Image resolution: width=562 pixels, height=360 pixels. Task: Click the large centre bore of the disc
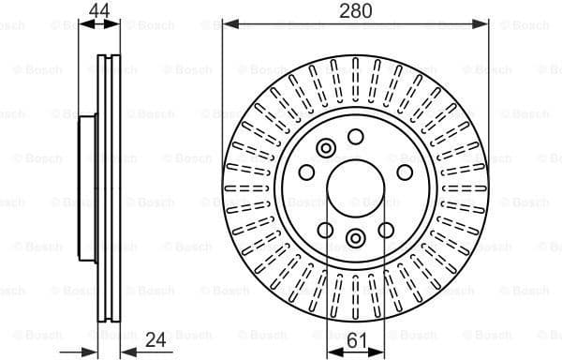click(x=355, y=188)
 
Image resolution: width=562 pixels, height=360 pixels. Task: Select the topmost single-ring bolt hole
click(x=355, y=137)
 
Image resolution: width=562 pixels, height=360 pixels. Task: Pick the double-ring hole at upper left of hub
click(x=326, y=148)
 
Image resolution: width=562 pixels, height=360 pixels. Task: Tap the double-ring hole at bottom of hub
click(x=355, y=238)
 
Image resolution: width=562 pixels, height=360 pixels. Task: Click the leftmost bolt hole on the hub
click(x=306, y=172)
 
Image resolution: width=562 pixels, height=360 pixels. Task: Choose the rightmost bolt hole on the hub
click(x=404, y=172)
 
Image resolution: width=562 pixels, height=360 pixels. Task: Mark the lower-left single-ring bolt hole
click(x=325, y=230)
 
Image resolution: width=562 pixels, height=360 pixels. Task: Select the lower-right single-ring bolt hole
click(x=385, y=230)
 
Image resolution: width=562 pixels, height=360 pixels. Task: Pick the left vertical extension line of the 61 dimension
click(x=326, y=281)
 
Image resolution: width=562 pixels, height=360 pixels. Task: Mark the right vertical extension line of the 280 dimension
click(x=489, y=94)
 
